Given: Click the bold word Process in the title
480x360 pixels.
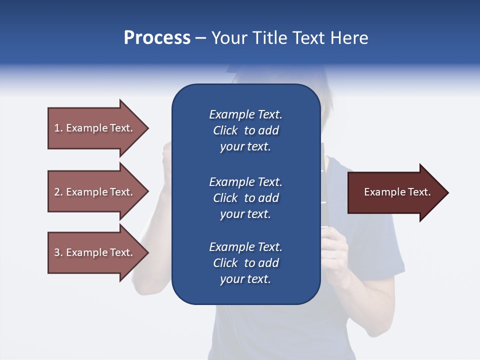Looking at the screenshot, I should click(x=157, y=38).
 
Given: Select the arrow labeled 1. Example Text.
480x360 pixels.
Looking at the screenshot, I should click(x=95, y=128).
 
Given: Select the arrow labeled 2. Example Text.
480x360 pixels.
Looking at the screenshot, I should click(x=95, y=192).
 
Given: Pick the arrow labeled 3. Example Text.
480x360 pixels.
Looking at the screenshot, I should click(x=95, y=252).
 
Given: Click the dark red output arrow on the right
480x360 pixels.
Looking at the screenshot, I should click(x=395, y=192).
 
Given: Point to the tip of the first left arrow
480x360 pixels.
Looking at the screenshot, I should click(x=147, y=128).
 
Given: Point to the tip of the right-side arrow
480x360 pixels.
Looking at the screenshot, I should click(x=447, y=192).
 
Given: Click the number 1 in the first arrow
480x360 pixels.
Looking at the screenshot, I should click(x=57, y=128).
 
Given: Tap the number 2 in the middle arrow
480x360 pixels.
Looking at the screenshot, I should click(x=57, y=192).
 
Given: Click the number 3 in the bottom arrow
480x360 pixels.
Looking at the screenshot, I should click(x=57, y=252).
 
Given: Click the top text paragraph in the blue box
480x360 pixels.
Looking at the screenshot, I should click(x=245, y=130).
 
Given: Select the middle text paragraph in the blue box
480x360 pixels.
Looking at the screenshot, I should click(x=245, y=198).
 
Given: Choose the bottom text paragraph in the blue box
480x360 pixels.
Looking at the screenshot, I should click(x=245, y=263).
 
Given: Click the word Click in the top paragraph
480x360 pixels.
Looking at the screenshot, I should click(x=225, y=130).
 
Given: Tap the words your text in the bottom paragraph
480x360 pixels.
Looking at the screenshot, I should click(x=245, y=279).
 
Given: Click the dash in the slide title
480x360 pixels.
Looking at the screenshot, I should click(x=201, y=38).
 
